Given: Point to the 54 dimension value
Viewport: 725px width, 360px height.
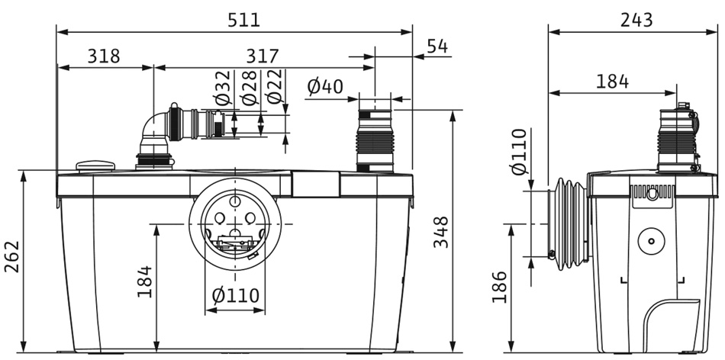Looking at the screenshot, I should [437, 46].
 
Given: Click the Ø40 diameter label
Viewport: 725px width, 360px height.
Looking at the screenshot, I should [325, 87].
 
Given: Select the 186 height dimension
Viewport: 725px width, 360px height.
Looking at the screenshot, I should [500, 287].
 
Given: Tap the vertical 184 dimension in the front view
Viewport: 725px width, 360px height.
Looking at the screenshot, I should [144, 281].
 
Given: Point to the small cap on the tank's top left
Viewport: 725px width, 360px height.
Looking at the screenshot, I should [95, 165].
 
